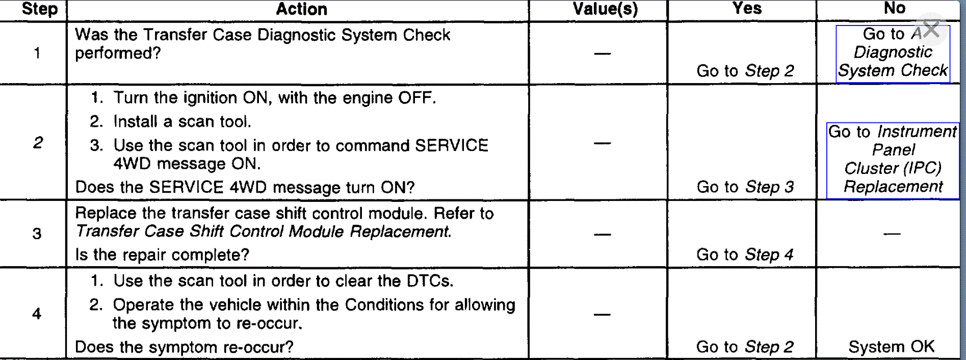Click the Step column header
pos(39,9)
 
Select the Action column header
pos(301,9)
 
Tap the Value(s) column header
pos(605,9)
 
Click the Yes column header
pos(747,8)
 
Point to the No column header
pos(894,8)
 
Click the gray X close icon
pos(931,29)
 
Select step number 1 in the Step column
pos(37,53)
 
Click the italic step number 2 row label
pos(38,143)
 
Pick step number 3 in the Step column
pos(37,234)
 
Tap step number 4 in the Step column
pos(37,314)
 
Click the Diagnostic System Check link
pos(893,53)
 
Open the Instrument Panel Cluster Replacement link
pos(893,160)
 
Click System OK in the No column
pos(891,347)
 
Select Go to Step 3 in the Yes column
pos(745,187)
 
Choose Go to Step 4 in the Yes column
pos(745,254)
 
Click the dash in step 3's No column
pos(892,234)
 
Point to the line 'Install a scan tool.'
pos(182,121)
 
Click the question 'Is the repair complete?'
pos(162,254)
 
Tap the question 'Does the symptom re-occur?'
pos(184,347)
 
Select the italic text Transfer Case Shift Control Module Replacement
pos(263,232)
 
